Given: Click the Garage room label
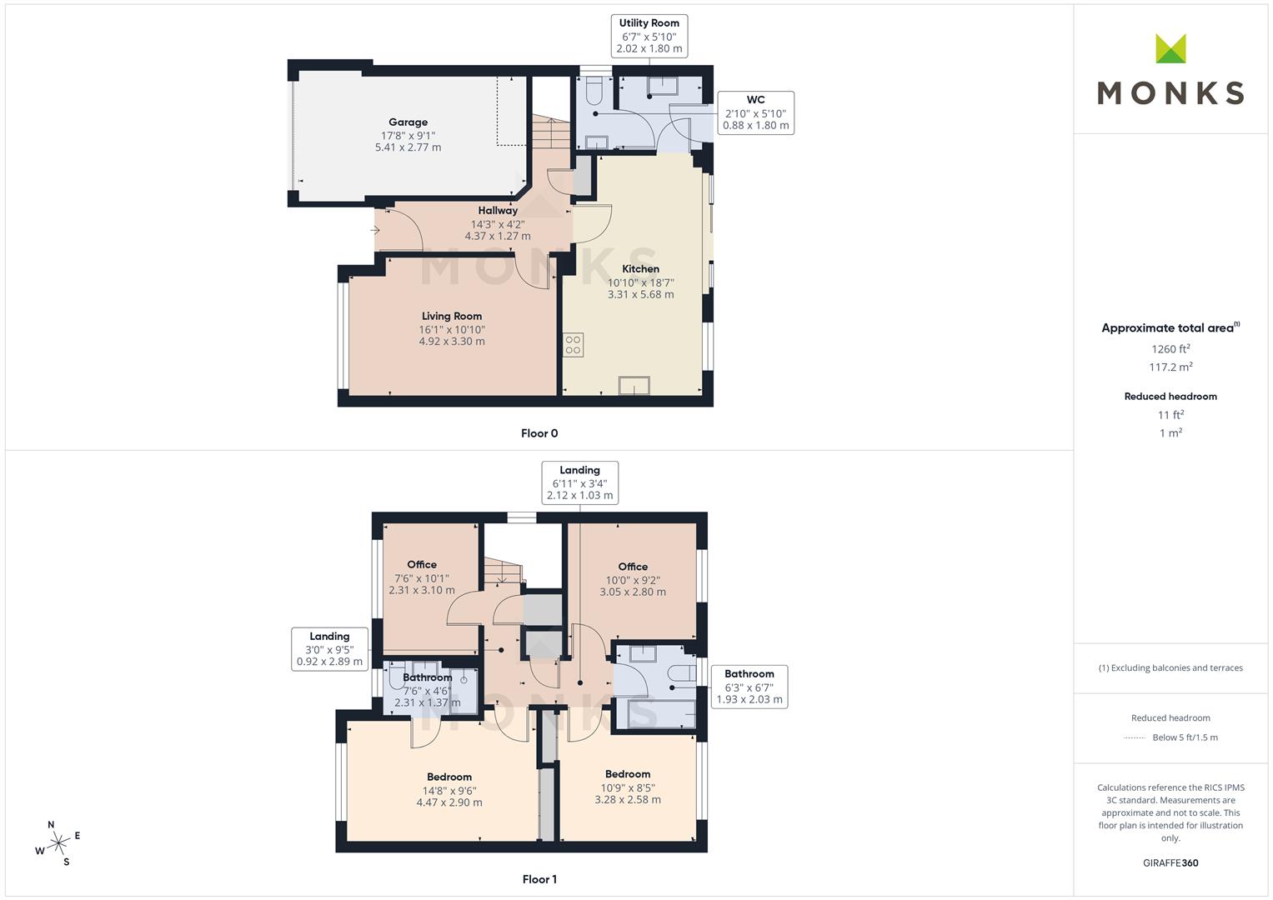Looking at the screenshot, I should pos(408,122).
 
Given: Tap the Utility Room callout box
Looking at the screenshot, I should pos(649,36).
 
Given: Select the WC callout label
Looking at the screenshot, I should pos(755,112).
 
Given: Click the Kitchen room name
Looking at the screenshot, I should pos(640,269).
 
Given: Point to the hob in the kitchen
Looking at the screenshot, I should pos(573,344).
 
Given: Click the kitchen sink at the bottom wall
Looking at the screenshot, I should pos(634,386).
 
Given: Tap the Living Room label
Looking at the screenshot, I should pos(451,317).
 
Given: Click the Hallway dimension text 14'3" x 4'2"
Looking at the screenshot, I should pos(498,223).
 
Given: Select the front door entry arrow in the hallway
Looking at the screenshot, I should pos(375,229).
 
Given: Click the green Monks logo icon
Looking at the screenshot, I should pos(1170,49).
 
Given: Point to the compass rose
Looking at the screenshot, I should pos(58,843).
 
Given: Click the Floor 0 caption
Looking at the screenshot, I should pos(539,433).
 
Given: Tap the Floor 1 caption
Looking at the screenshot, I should pos(539,879).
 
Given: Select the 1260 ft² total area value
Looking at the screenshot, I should pos(1170,349).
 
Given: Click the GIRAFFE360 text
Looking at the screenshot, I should pos(1170,862).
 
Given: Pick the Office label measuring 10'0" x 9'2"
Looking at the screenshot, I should pos(633,567).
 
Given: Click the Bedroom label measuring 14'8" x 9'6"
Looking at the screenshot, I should pos(449,777).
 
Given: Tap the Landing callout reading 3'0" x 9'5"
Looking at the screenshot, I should pos(329,649).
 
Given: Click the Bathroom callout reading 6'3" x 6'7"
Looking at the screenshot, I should pos(749,687).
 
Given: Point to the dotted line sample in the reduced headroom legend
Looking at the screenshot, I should pos(1135,737).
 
